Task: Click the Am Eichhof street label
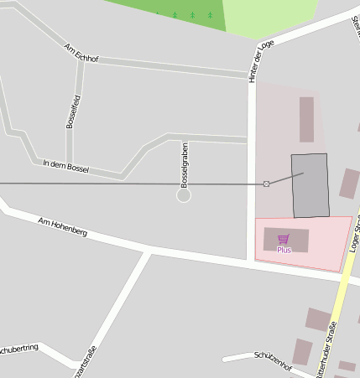point(81,51)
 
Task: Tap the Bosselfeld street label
point(73,111)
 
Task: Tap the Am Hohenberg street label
point(63,226)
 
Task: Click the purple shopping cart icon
point(284,239)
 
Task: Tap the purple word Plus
point(284,250)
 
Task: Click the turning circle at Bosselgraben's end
point(184,195)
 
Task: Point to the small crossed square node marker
point(267,184)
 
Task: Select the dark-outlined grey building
point(310,186)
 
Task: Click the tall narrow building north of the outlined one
point(306,119)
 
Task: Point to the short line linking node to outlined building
point(285,179)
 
